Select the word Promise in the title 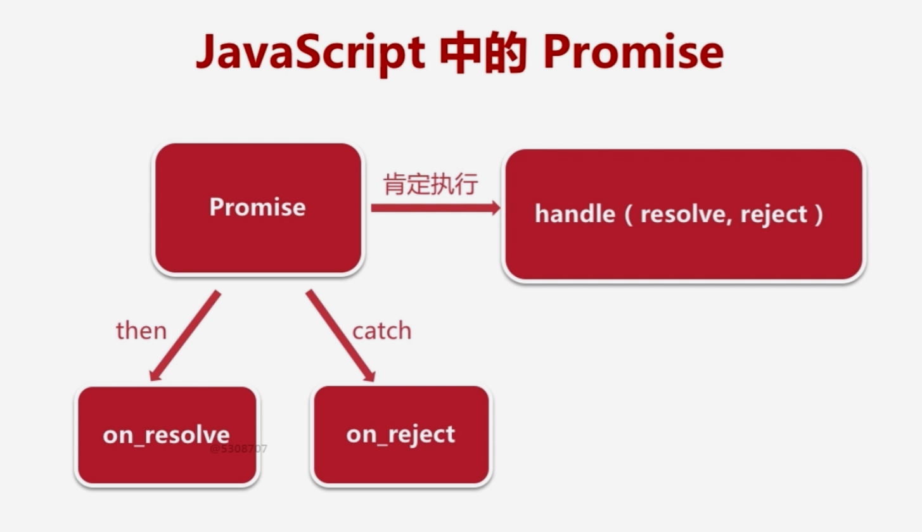coord(632,54)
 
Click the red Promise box coord(258,208)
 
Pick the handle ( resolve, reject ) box coord(684,215)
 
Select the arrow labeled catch coord(340,335)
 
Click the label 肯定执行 coord(431,185)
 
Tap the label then coord(141,331)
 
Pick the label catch coord(381,331)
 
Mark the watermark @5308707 coord(239,449)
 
